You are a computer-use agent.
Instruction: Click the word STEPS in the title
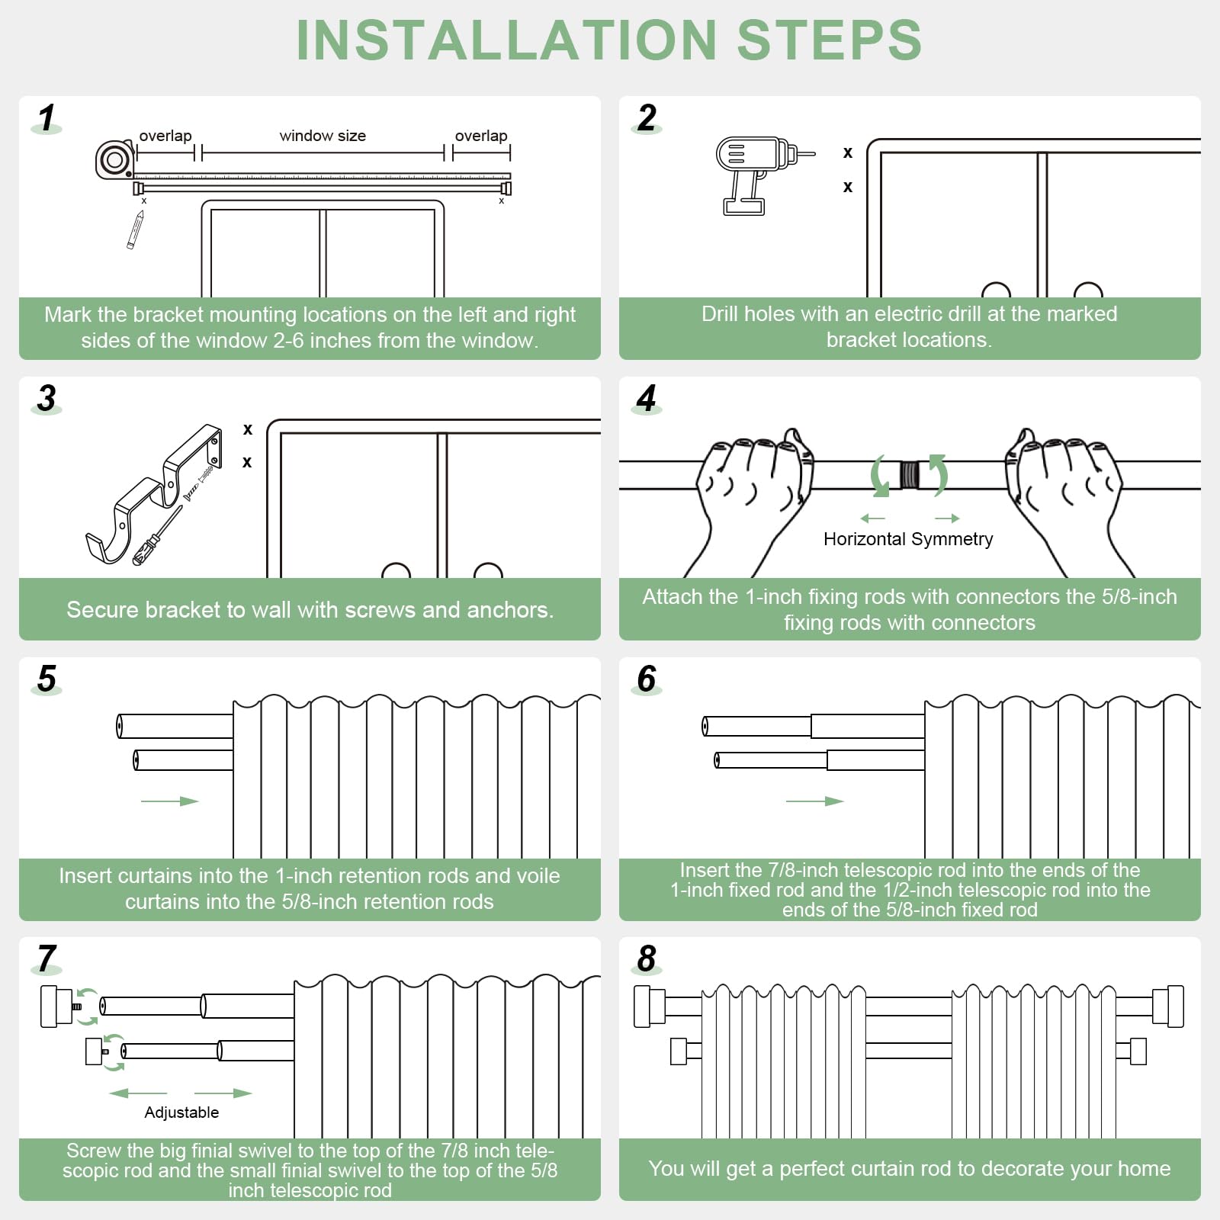[829, 40]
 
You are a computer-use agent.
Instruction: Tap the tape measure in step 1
[114, 160]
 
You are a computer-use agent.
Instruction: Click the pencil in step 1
[136, 230]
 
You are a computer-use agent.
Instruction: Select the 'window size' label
[323, 136]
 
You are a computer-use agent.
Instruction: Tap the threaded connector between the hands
[909, 474]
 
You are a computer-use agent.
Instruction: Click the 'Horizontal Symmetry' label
[908, 539]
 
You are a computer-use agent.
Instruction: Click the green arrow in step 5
[169, 801]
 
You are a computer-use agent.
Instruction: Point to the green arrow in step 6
[814, 801]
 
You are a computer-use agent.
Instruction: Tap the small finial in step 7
[95, 1051]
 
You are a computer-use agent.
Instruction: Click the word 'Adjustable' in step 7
[181, 1112]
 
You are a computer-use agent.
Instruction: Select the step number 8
[647, 958]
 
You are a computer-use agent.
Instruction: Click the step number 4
[647, 398]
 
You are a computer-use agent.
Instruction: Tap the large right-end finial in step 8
[1168, 1006]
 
